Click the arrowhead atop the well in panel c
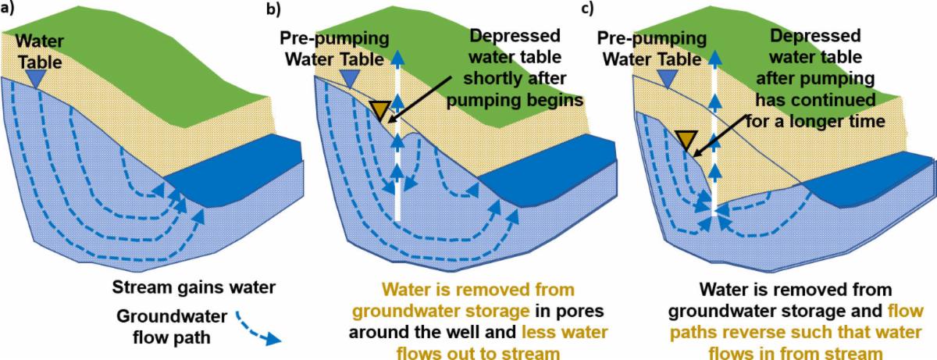tap(714, 55)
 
